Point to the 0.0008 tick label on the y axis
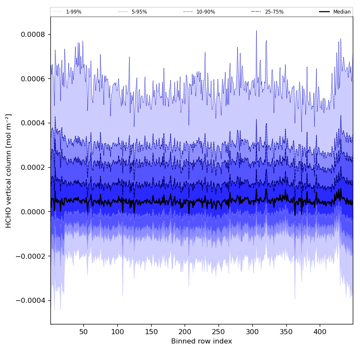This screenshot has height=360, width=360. pos(33,34)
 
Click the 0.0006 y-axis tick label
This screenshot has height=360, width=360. pos(33,79)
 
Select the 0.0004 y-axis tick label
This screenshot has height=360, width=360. pos(33,123)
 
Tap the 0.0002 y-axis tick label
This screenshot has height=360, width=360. pos(33,167)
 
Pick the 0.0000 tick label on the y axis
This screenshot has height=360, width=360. pos(33,212)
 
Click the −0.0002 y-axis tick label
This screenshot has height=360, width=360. pos(31,256)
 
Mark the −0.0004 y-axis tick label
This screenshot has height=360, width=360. pos(31,300)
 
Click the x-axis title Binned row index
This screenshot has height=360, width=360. pos(202,341)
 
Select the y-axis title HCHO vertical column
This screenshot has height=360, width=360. pos(9,171)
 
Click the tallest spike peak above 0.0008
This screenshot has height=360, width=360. pos(256,31)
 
